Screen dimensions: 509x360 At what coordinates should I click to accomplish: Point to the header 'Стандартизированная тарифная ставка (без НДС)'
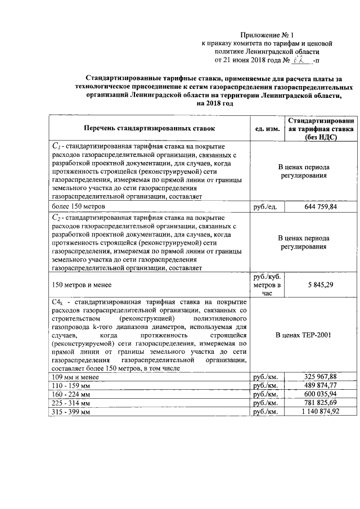coord(321,128)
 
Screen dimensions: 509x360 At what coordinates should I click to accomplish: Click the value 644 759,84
coord(321,207)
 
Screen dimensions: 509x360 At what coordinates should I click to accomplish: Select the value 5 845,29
coord(321,285)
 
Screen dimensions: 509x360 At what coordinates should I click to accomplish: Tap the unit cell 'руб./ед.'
coord(267,207)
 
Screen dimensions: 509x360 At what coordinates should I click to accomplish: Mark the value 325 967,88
coord(321,376)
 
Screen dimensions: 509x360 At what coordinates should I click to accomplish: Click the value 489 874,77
coord(321,385)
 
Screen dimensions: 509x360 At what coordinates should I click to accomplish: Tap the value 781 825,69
coord(321,403)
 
